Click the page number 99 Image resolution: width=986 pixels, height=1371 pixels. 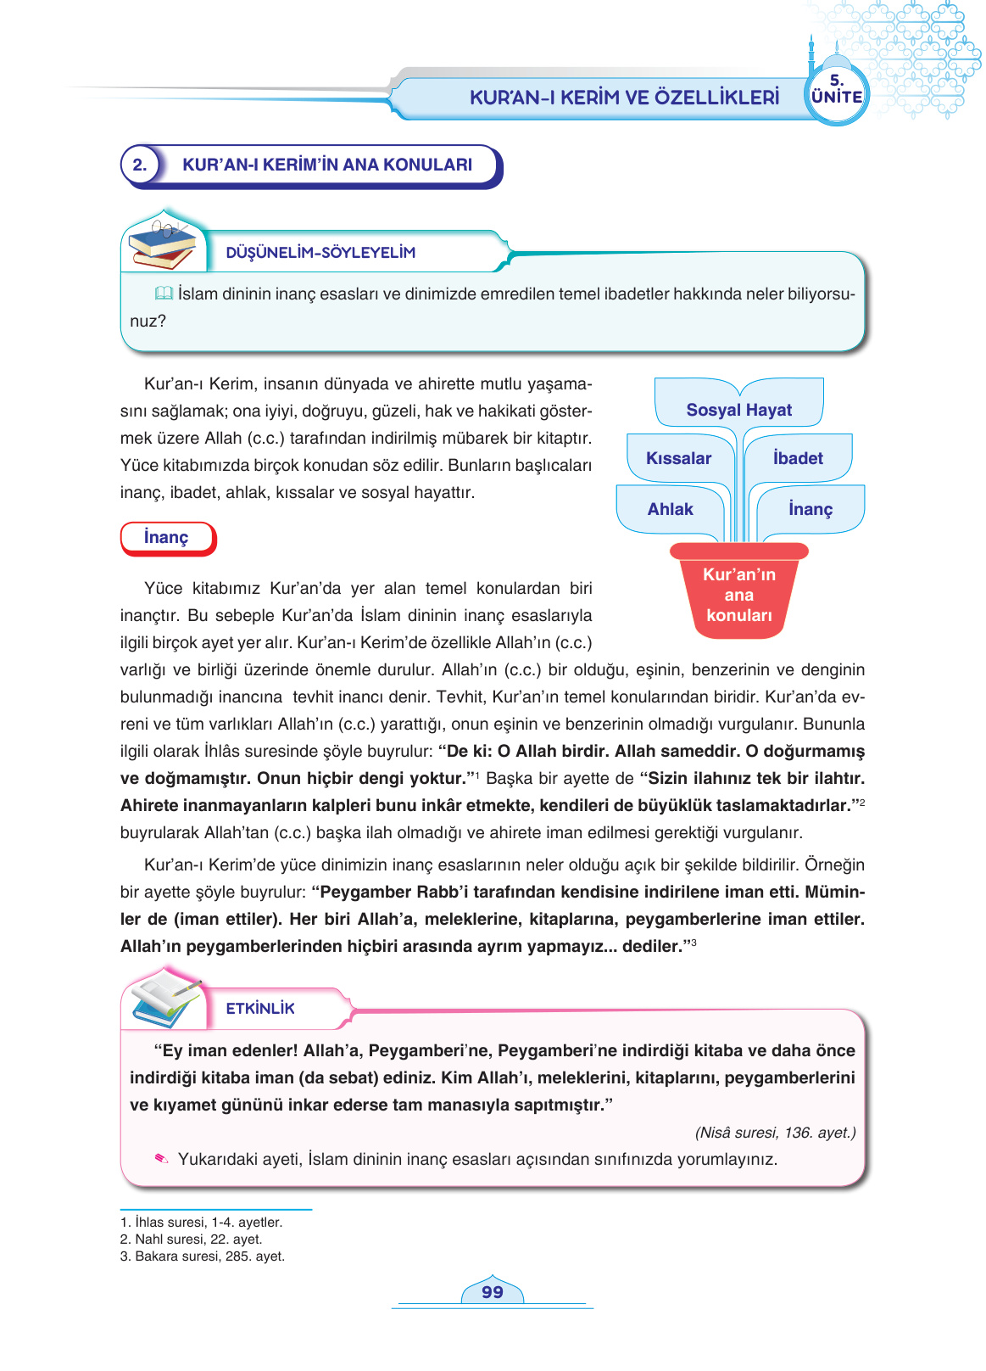[492, 1292]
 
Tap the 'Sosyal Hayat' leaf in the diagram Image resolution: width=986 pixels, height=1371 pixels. [738, 410]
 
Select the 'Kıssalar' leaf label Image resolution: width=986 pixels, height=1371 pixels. [678, 458]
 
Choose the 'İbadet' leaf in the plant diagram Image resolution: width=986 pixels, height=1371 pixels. [798, 458]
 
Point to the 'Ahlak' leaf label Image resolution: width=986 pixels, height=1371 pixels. [670, 509]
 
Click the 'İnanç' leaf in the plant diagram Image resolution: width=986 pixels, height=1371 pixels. [811, 509]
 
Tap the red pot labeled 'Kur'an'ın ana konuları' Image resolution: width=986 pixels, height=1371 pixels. [738, 594]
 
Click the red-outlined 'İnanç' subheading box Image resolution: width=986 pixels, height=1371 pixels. [167, 538]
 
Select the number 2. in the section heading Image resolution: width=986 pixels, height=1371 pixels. [140, 165]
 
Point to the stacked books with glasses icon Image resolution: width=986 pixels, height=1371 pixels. [162, 242]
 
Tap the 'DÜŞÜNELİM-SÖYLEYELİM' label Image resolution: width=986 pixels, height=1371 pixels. [320, 253]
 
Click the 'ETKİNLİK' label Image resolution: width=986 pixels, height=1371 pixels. [260, 1009]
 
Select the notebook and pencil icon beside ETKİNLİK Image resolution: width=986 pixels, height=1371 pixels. [166, 999]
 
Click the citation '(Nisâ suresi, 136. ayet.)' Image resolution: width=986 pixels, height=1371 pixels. [775, 1133]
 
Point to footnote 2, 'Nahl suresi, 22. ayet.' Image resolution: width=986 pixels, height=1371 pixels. [192, 1239]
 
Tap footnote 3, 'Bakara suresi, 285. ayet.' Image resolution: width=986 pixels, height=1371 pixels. [203, 1256]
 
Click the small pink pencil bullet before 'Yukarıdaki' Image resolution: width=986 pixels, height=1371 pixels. [161, 1159]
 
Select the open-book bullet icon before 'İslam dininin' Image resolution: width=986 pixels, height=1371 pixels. [164, 294]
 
